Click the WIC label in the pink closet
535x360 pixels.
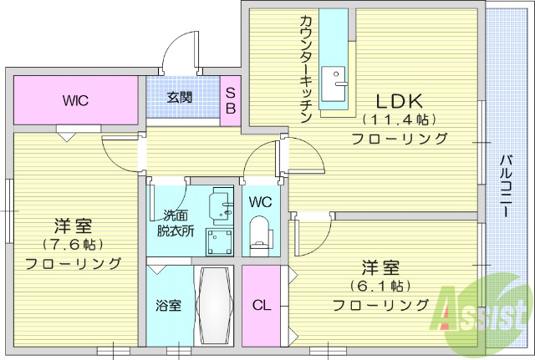click(x=75, y=100)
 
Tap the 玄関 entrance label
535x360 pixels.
click(x=179, y=98)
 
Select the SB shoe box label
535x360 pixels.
click(x=230, y=100)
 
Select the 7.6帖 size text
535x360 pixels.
click(x=74, y=245)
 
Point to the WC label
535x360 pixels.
click(x=259, y=201)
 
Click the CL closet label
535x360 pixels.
click(x=262, y=305)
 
